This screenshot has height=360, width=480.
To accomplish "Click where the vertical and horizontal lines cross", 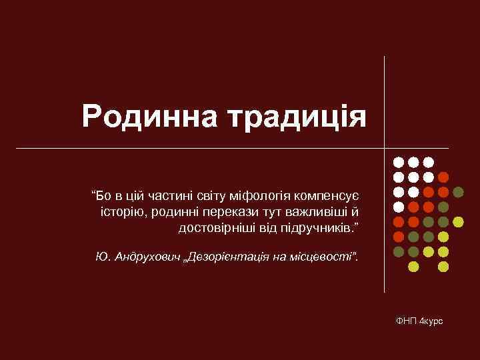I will click(385, 147).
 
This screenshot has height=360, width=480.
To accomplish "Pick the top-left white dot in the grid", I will click(398, 162).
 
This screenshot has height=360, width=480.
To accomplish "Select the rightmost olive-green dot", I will click(458, 192).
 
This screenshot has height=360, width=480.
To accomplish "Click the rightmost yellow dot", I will click(458, 221).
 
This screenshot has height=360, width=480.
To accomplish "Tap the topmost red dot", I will click(443, 177).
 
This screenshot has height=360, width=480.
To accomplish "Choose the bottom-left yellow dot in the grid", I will click(413, 267).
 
